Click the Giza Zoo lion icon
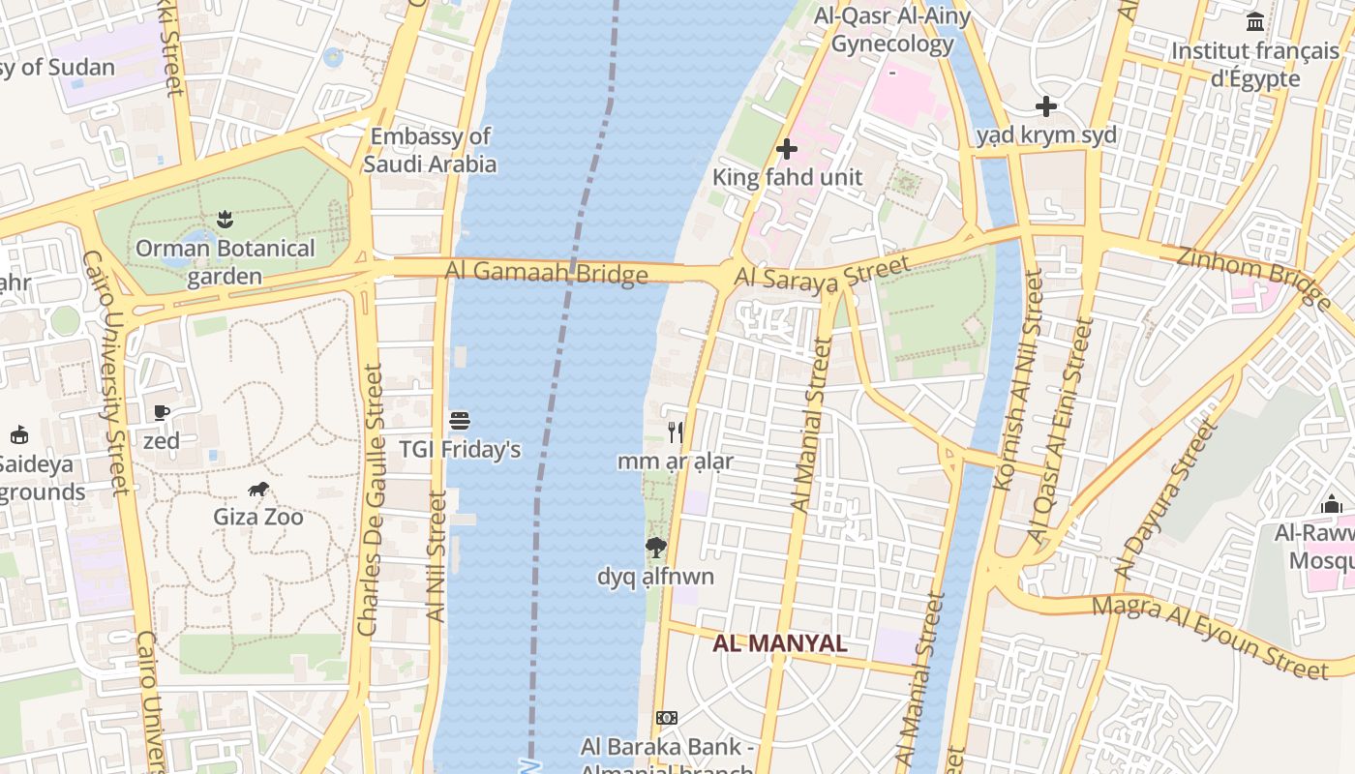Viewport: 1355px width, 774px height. point(258,490)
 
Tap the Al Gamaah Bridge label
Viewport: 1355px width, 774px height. point(547,273)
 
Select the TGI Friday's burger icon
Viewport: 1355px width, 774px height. point(460,421)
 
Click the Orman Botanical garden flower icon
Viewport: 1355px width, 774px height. point(226,220)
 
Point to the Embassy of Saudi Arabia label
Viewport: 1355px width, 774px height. point(431,150)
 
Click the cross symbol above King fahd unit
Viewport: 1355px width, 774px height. point(787,149)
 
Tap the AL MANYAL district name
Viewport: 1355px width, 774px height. point(780,643)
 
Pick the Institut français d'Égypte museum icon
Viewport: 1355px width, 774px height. point(1255,21)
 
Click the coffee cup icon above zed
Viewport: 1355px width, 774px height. point(162,413)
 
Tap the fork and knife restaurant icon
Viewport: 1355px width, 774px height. point(676,432)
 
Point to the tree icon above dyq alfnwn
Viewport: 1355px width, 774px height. point(656,548)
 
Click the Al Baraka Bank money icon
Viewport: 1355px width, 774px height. point(667,718)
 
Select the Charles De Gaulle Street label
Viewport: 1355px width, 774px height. point(370,499)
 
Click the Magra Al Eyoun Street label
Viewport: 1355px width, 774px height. point(1210,635)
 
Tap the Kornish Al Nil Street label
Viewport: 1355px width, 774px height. point(1018,379)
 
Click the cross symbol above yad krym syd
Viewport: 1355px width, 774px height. point(1046,106)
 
